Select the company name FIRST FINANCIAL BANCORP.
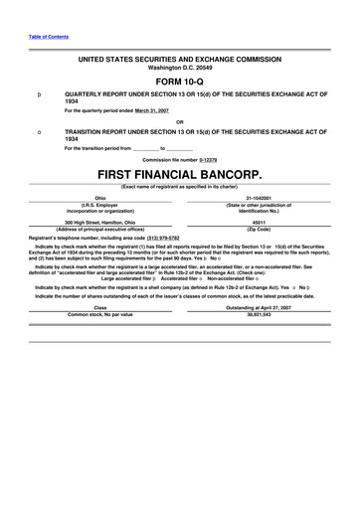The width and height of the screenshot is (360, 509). point(180,173)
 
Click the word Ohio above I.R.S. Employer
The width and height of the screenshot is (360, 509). point(99,197)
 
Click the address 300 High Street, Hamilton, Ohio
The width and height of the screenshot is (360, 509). point(98,223)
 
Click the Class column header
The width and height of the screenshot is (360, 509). point(99,307)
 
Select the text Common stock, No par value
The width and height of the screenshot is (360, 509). point(99,314)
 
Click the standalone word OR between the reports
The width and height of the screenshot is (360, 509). point(180,124)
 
